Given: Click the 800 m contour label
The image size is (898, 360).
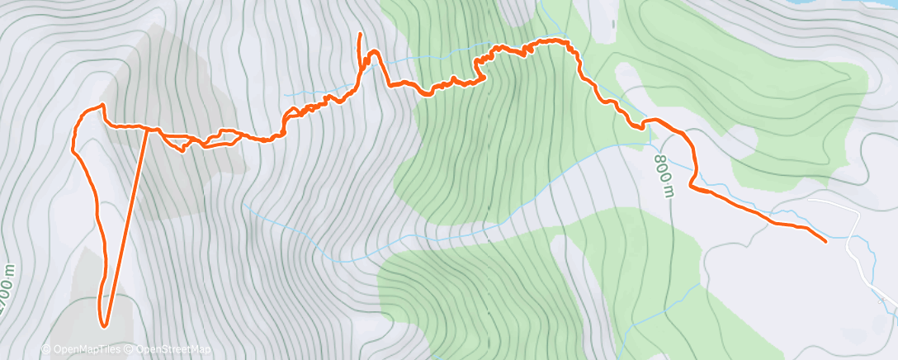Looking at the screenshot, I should coord(667,175).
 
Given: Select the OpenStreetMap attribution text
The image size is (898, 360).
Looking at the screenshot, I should coord(168,350).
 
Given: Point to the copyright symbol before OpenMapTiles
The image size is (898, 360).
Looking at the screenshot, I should coord(46,350).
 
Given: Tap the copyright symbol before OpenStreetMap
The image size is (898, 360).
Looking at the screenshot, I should coord(130,350).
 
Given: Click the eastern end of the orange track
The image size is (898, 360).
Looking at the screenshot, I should coord(825,240).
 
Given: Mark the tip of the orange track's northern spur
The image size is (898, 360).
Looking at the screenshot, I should coord(360,34).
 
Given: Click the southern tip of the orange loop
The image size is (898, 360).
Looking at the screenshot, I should coord(104,324).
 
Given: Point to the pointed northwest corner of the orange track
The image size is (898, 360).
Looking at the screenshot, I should coord(102,105).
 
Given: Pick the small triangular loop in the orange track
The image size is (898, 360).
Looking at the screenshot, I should coord(178,143).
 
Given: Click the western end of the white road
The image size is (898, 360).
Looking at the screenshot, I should coord(810,200).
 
